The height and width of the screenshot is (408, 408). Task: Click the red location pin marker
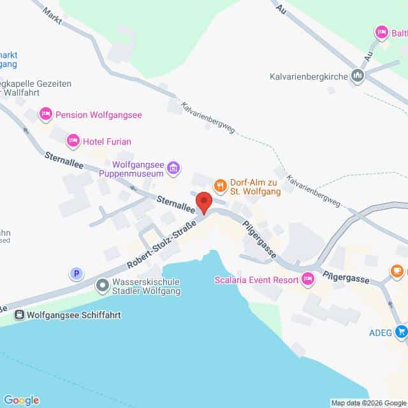203,201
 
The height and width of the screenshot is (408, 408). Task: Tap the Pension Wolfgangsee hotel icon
45,115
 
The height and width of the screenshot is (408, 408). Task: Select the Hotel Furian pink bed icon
73,140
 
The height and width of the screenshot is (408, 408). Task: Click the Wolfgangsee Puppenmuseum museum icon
174,169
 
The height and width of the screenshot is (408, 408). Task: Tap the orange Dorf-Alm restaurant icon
220,186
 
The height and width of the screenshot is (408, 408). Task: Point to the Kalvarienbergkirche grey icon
358,76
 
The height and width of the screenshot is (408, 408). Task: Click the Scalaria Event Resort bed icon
308,278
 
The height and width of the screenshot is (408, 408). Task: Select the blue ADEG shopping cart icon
401,331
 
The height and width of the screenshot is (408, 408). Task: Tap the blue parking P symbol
76,273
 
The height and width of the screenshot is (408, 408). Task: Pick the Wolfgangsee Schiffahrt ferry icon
19,315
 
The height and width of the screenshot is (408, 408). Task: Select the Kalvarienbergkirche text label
307,76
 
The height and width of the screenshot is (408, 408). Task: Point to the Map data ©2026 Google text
368,403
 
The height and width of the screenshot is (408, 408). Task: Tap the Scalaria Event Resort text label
258,279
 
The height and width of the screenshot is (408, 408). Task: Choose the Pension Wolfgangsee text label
98,115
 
